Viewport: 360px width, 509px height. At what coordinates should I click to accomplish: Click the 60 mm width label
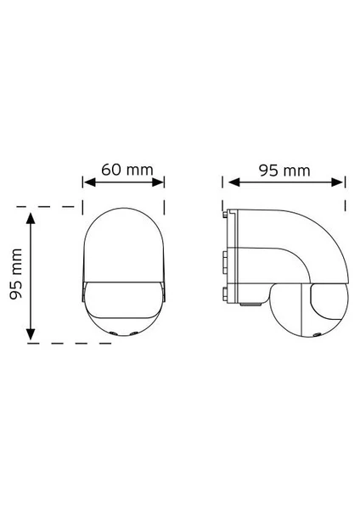pyautogui.click(x=127, y=170)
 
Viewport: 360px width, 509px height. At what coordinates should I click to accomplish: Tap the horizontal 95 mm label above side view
pyautogui.click(x=284, y=171)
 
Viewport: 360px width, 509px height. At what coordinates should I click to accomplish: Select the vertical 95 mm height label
pyautogui.click(x=16, y=274)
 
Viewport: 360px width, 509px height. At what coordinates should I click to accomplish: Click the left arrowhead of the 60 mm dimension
pyautogui.click(x=89, y=182)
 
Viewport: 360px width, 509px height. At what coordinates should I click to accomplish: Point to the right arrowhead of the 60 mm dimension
pyautogui.click(x=158, y=182)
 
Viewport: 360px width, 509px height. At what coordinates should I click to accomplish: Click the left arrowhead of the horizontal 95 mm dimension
pyautogui.click(x=234, y=182)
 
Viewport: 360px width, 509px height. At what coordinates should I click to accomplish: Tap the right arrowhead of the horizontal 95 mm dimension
pyautogui.click(x=337, y=182)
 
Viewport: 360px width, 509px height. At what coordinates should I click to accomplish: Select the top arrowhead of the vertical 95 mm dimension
pyautogui.click(x=31, y=218)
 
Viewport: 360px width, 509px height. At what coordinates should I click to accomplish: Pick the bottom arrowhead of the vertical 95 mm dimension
pyautogui.click(x=31, y=334)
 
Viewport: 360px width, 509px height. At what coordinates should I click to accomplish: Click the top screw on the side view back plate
pyautogui.click(x=225, y=215)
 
